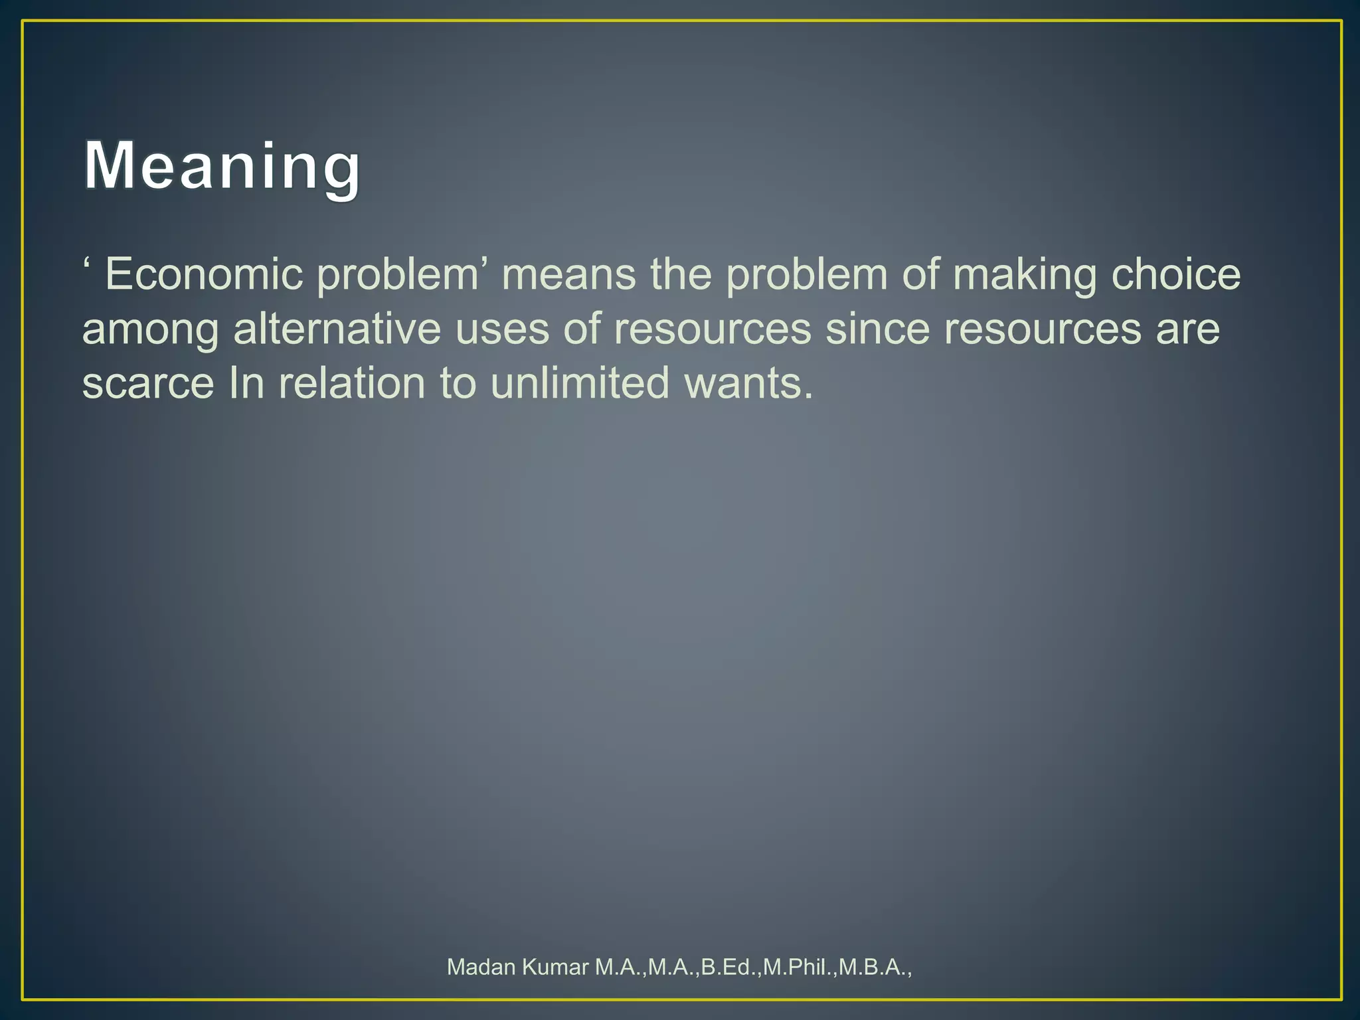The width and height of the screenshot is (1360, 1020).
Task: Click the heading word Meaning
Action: [222, 166]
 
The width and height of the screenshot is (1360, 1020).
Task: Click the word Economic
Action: [204, 274]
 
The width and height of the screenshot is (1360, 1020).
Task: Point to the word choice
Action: [1175, 274]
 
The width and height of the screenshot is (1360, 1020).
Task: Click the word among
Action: [150, 330]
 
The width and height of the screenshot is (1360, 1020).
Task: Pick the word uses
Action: [502, 329]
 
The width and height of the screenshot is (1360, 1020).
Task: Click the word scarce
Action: [148, 384]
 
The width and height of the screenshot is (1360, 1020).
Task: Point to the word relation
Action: [352, 383]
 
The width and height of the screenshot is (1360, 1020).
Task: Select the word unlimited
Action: [580, 383]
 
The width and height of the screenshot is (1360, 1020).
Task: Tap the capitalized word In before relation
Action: [246, 383]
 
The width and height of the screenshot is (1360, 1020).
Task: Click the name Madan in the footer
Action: [481, 967]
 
